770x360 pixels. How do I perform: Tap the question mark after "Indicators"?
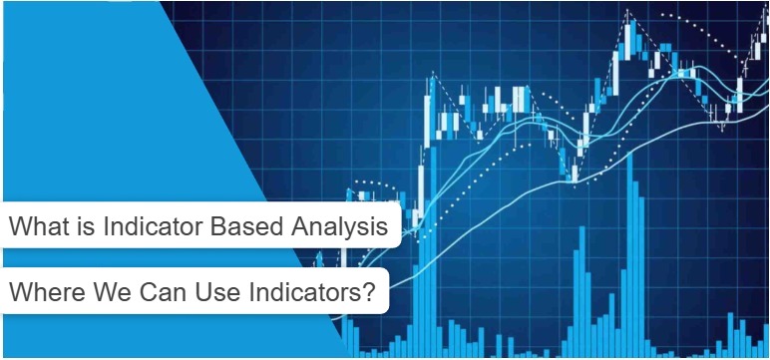pos(368,294)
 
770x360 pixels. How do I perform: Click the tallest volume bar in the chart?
pos(630,259)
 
